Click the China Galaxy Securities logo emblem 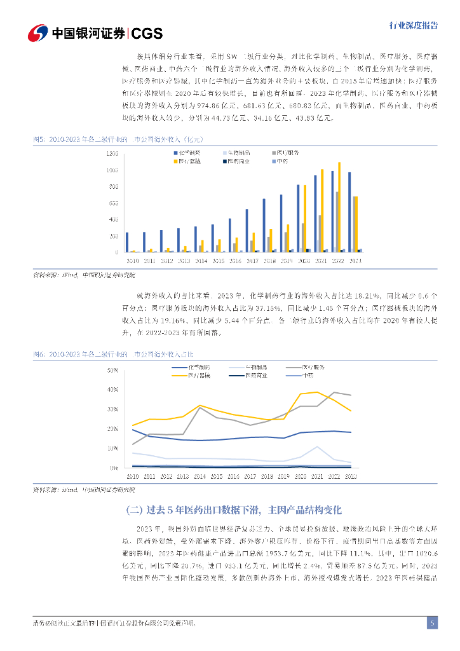click(39, 32)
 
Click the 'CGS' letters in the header click(147, 33)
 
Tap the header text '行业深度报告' click(413, 25)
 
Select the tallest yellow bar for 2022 click(339, 207)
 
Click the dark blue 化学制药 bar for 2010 click(127, 242)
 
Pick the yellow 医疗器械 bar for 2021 click(322, 210)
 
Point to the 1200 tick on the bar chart click(112, 154)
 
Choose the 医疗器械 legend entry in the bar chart click(189, 162)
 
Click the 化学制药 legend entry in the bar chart click(189, 153)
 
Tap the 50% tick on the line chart click(114, 370)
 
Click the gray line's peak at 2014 click(200, 407)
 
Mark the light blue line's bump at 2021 click(317, 447)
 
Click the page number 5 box click(432, 623)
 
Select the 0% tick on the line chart click(115, 468)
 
